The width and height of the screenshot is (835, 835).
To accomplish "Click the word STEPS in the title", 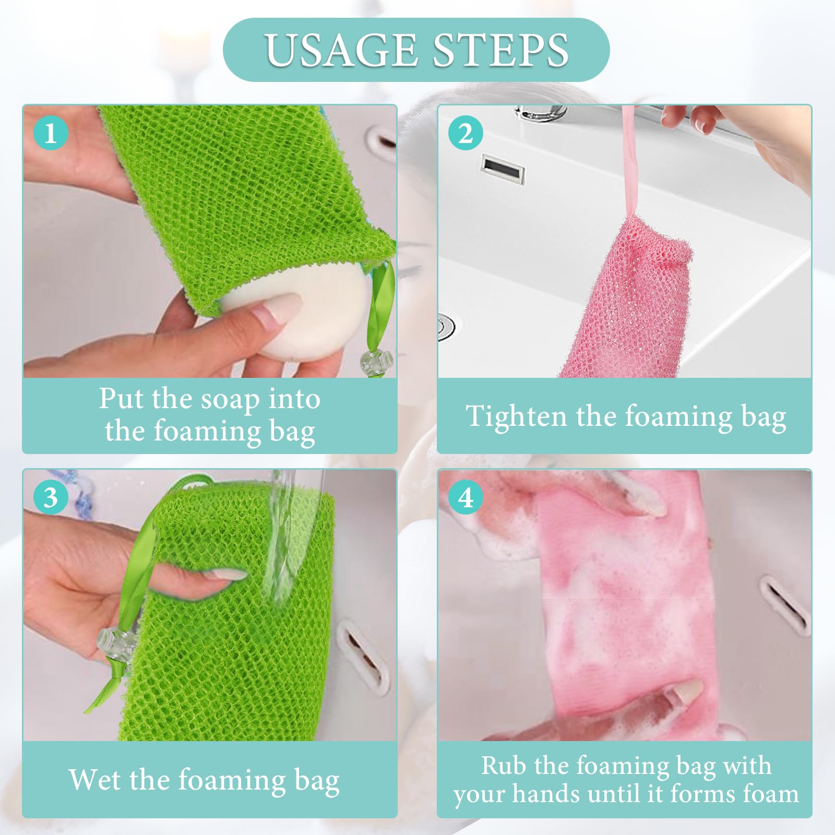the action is coord(501,50).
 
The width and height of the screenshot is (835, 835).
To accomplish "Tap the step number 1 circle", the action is coord(51,133).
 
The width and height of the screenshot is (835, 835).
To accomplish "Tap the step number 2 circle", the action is coord(466,133).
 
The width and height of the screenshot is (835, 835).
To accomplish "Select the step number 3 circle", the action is coord(51,497).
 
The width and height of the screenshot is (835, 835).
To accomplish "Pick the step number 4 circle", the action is coord(466,497).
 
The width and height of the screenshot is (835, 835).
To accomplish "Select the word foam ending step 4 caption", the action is coord(771,794).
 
